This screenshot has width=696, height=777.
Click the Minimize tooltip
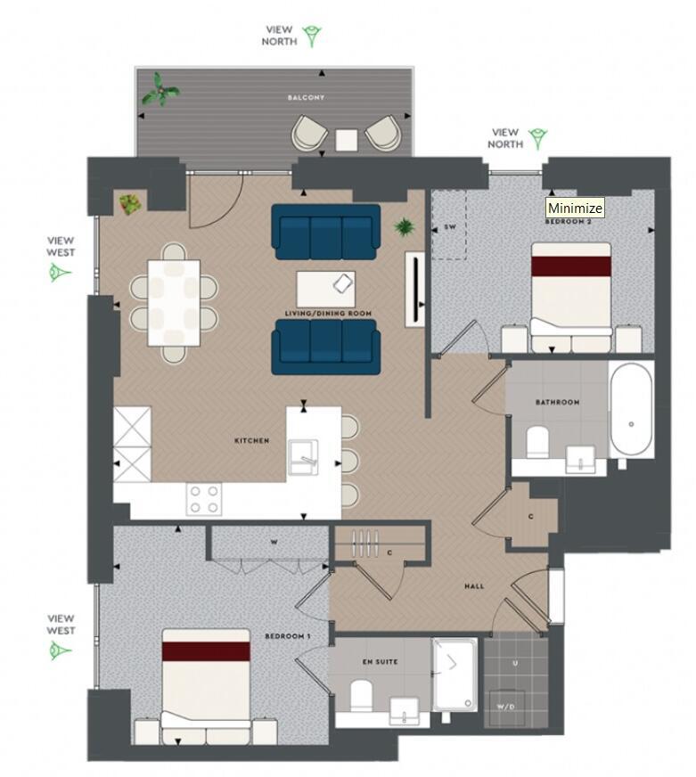tap(575, 208)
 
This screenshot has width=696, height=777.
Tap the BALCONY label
tap(305, 97)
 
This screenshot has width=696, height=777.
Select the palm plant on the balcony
tap(160, 89)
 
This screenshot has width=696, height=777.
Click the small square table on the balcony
tap(347, 139)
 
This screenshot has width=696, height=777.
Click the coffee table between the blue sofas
tap(325, 287)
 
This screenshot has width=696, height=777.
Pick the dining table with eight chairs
tap(174, 302)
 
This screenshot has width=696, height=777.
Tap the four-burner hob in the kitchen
tap(203, 498)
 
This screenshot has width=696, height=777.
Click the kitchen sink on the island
tap(304, 456)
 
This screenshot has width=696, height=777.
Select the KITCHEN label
tap(251, 440)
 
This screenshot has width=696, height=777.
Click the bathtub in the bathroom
tap(631, 410)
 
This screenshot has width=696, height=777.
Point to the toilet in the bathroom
tap(537, 442)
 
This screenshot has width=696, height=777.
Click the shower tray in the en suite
tap(454, 674)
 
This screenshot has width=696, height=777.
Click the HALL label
tap(474, 586)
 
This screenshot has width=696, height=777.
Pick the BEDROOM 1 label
tap(287, 636)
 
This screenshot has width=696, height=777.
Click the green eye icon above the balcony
tap(312, 36)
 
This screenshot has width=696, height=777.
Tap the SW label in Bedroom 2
tap(449, 227)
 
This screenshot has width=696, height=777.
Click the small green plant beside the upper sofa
tap(405, 227)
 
